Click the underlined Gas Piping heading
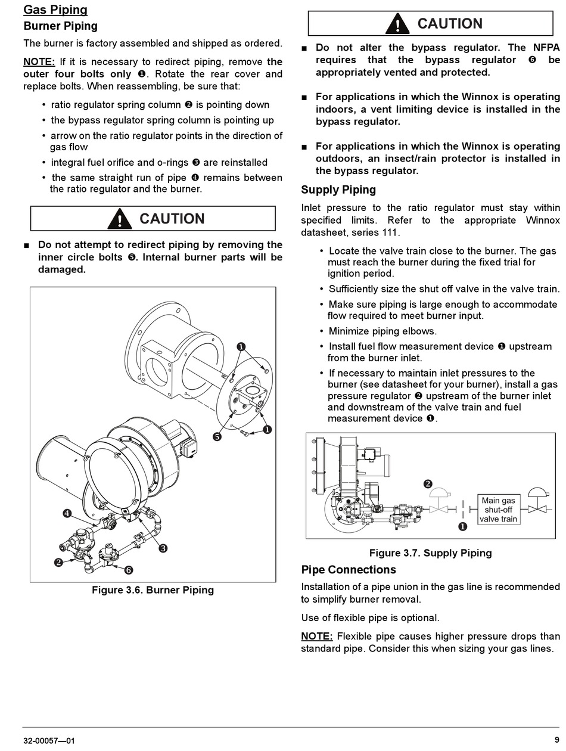pos(55,10)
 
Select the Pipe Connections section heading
pos(349,570)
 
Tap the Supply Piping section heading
pos(338,190)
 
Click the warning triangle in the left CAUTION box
pos(120,219)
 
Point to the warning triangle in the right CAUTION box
pos(397,24)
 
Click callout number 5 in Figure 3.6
pos(217,437)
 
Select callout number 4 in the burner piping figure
pos(67,513)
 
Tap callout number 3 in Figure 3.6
pos(163,548)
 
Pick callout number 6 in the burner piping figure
pos(128,570)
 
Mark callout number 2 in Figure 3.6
pos(58,562)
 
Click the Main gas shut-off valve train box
pos(499,510)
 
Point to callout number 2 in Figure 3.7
pos(428,484)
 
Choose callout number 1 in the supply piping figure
pos(462,526)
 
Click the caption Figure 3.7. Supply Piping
pos(430,553)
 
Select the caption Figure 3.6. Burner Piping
pos(153,590)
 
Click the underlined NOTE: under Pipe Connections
pos(316,637)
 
